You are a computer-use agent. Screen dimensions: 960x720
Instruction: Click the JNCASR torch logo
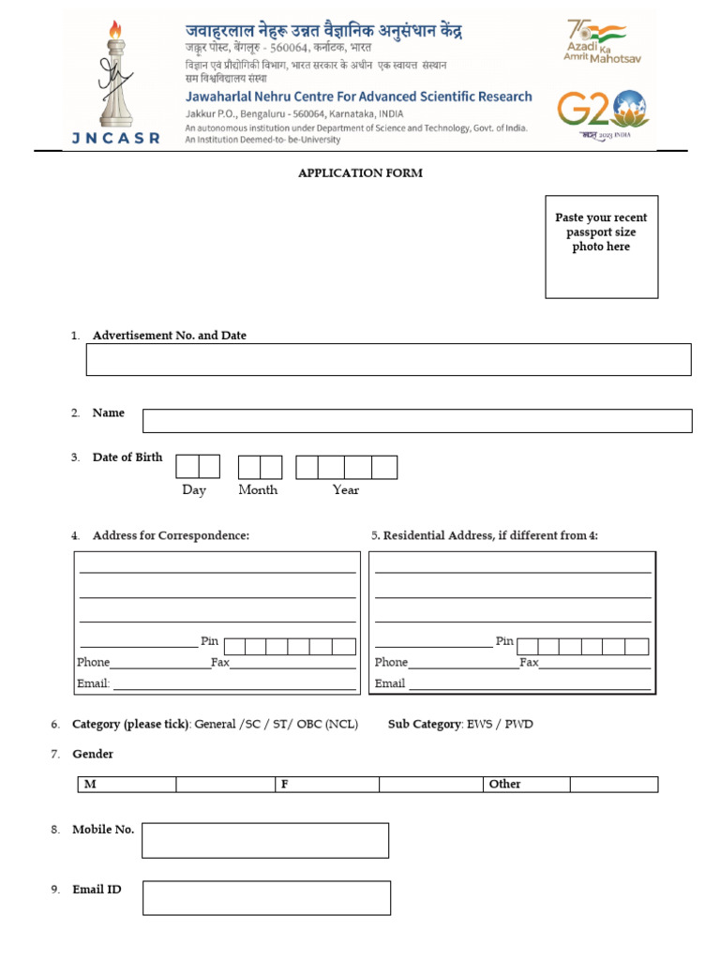coord(114,81)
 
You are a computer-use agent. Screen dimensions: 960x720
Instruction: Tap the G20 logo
coord(601,112)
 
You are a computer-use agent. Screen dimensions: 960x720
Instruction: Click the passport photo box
coord(601,247)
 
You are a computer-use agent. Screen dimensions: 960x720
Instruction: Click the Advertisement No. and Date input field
coord(388,359)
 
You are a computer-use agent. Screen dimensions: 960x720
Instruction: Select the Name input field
coord(417,421)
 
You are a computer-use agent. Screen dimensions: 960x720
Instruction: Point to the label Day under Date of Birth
coord(194,489)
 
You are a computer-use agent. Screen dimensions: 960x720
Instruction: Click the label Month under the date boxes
coord(258,489)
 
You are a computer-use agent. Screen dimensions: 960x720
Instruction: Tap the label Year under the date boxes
coord(345,489)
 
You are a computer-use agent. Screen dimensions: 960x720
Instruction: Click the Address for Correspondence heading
coord(171,535)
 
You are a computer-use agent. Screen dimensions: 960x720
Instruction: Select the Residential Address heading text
coord(485,535)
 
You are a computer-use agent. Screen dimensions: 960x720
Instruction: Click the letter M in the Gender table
coord(90,784)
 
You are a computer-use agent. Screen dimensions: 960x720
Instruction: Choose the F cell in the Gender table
coord(284,784)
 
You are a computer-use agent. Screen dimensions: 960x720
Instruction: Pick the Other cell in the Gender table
coord(504,784)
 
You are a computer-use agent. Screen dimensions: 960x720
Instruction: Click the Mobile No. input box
coord(265,840)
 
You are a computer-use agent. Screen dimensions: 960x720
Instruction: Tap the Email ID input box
coord(266,897)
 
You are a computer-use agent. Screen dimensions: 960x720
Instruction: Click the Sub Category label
coord(424,725)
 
